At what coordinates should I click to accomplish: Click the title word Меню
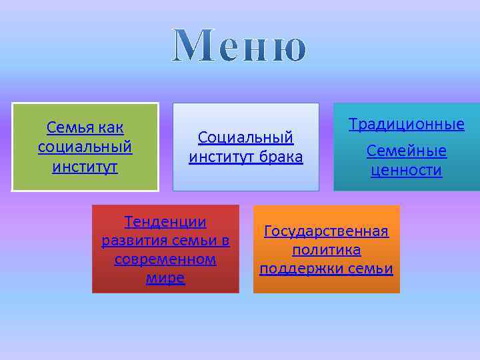240,47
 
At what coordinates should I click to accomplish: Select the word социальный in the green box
85,147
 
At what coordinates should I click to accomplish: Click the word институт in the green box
85,166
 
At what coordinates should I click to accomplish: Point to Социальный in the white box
245,138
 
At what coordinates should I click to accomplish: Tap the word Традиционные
407,125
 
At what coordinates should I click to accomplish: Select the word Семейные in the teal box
407,151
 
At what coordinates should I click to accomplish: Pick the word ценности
407,171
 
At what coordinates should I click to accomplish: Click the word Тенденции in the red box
165,222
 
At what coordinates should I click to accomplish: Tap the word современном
165,259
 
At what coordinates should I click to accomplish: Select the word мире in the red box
165,278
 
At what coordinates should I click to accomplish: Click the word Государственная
326,231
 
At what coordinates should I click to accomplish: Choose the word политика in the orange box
326,250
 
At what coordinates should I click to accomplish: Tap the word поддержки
297,269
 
